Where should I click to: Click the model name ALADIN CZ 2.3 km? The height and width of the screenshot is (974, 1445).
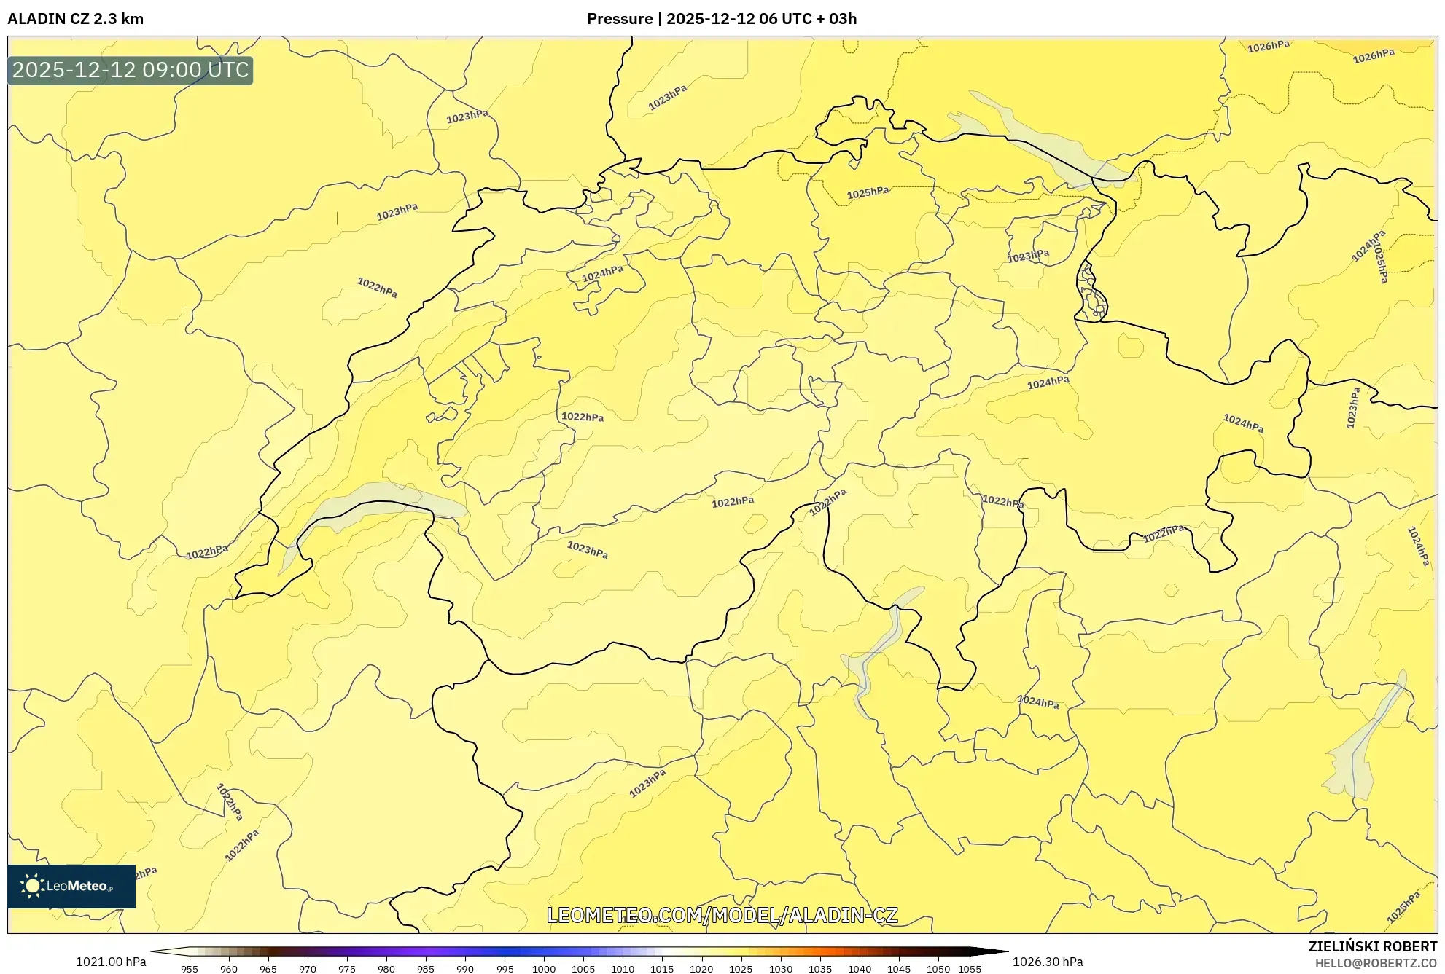[x=75, y=19]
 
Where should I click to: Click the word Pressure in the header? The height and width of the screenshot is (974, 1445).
[x=619, y=19]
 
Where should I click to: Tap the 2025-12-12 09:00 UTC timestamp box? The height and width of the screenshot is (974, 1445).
[x=131, y=70]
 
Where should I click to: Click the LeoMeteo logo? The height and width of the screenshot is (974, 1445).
[x=71, y=886]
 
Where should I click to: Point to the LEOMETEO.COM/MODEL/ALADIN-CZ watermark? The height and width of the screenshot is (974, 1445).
[x=722, y=915]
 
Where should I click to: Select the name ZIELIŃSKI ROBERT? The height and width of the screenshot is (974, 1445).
[x=1372, y=946]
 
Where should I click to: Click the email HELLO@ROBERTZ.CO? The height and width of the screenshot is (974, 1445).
[x=1376, y=963]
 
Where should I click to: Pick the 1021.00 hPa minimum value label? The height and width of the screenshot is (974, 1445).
[x=111, y=962]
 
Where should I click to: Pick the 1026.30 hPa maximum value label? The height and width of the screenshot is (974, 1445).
[x=1047, y=962]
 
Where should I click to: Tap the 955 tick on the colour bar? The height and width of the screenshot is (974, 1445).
[x=190, y=969]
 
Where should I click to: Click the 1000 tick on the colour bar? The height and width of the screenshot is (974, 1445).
[x=543, y=969]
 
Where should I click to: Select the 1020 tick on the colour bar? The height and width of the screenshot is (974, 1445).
[x=701, y=969]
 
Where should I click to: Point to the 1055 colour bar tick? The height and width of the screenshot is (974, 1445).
[x=969, y=969]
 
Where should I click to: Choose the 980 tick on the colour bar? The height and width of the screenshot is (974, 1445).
[x=386, y=969]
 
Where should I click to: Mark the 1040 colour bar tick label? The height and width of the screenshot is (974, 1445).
[x=859, y=969]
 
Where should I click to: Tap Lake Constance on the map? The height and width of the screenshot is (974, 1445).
[x=1035, y=138]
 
